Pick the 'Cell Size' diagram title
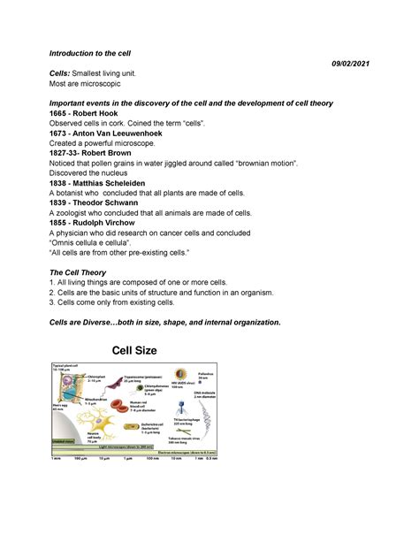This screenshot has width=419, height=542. click(x=147, y=350)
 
